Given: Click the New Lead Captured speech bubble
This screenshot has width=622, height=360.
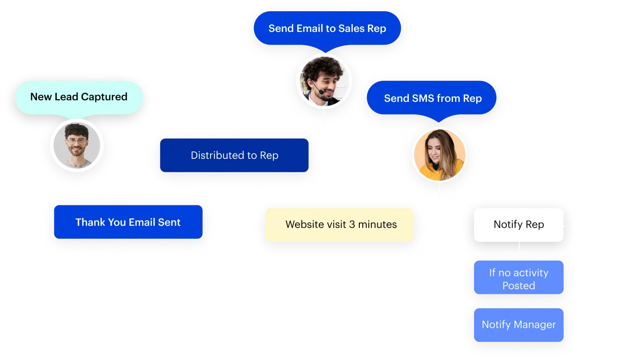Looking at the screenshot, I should (79, 97).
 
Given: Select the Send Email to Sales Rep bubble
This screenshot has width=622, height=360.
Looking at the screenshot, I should (327, 28).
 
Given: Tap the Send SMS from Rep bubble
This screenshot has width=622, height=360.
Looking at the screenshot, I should (432, 98).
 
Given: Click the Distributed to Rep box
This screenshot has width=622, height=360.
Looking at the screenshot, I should (234, 155).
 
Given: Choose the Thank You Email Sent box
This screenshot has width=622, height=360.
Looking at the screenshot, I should (128, 222).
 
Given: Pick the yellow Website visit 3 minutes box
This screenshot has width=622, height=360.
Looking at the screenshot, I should (340, 224).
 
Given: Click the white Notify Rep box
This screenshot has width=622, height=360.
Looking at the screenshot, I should (518, 225).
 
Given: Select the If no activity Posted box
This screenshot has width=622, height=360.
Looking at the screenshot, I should (518, 279).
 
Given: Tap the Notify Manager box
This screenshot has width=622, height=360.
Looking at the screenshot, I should (518, 325).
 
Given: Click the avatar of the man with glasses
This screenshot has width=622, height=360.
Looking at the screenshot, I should (77, 145).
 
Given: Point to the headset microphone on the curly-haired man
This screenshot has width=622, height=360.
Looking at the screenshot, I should (321, 92).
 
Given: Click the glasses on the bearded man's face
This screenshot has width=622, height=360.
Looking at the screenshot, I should (76, 141).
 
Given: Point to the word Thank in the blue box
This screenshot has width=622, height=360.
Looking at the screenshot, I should (90, 222).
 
